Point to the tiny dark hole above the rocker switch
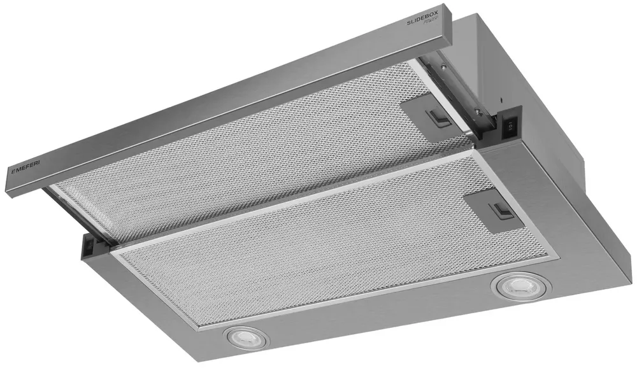[x=503, y=101]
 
